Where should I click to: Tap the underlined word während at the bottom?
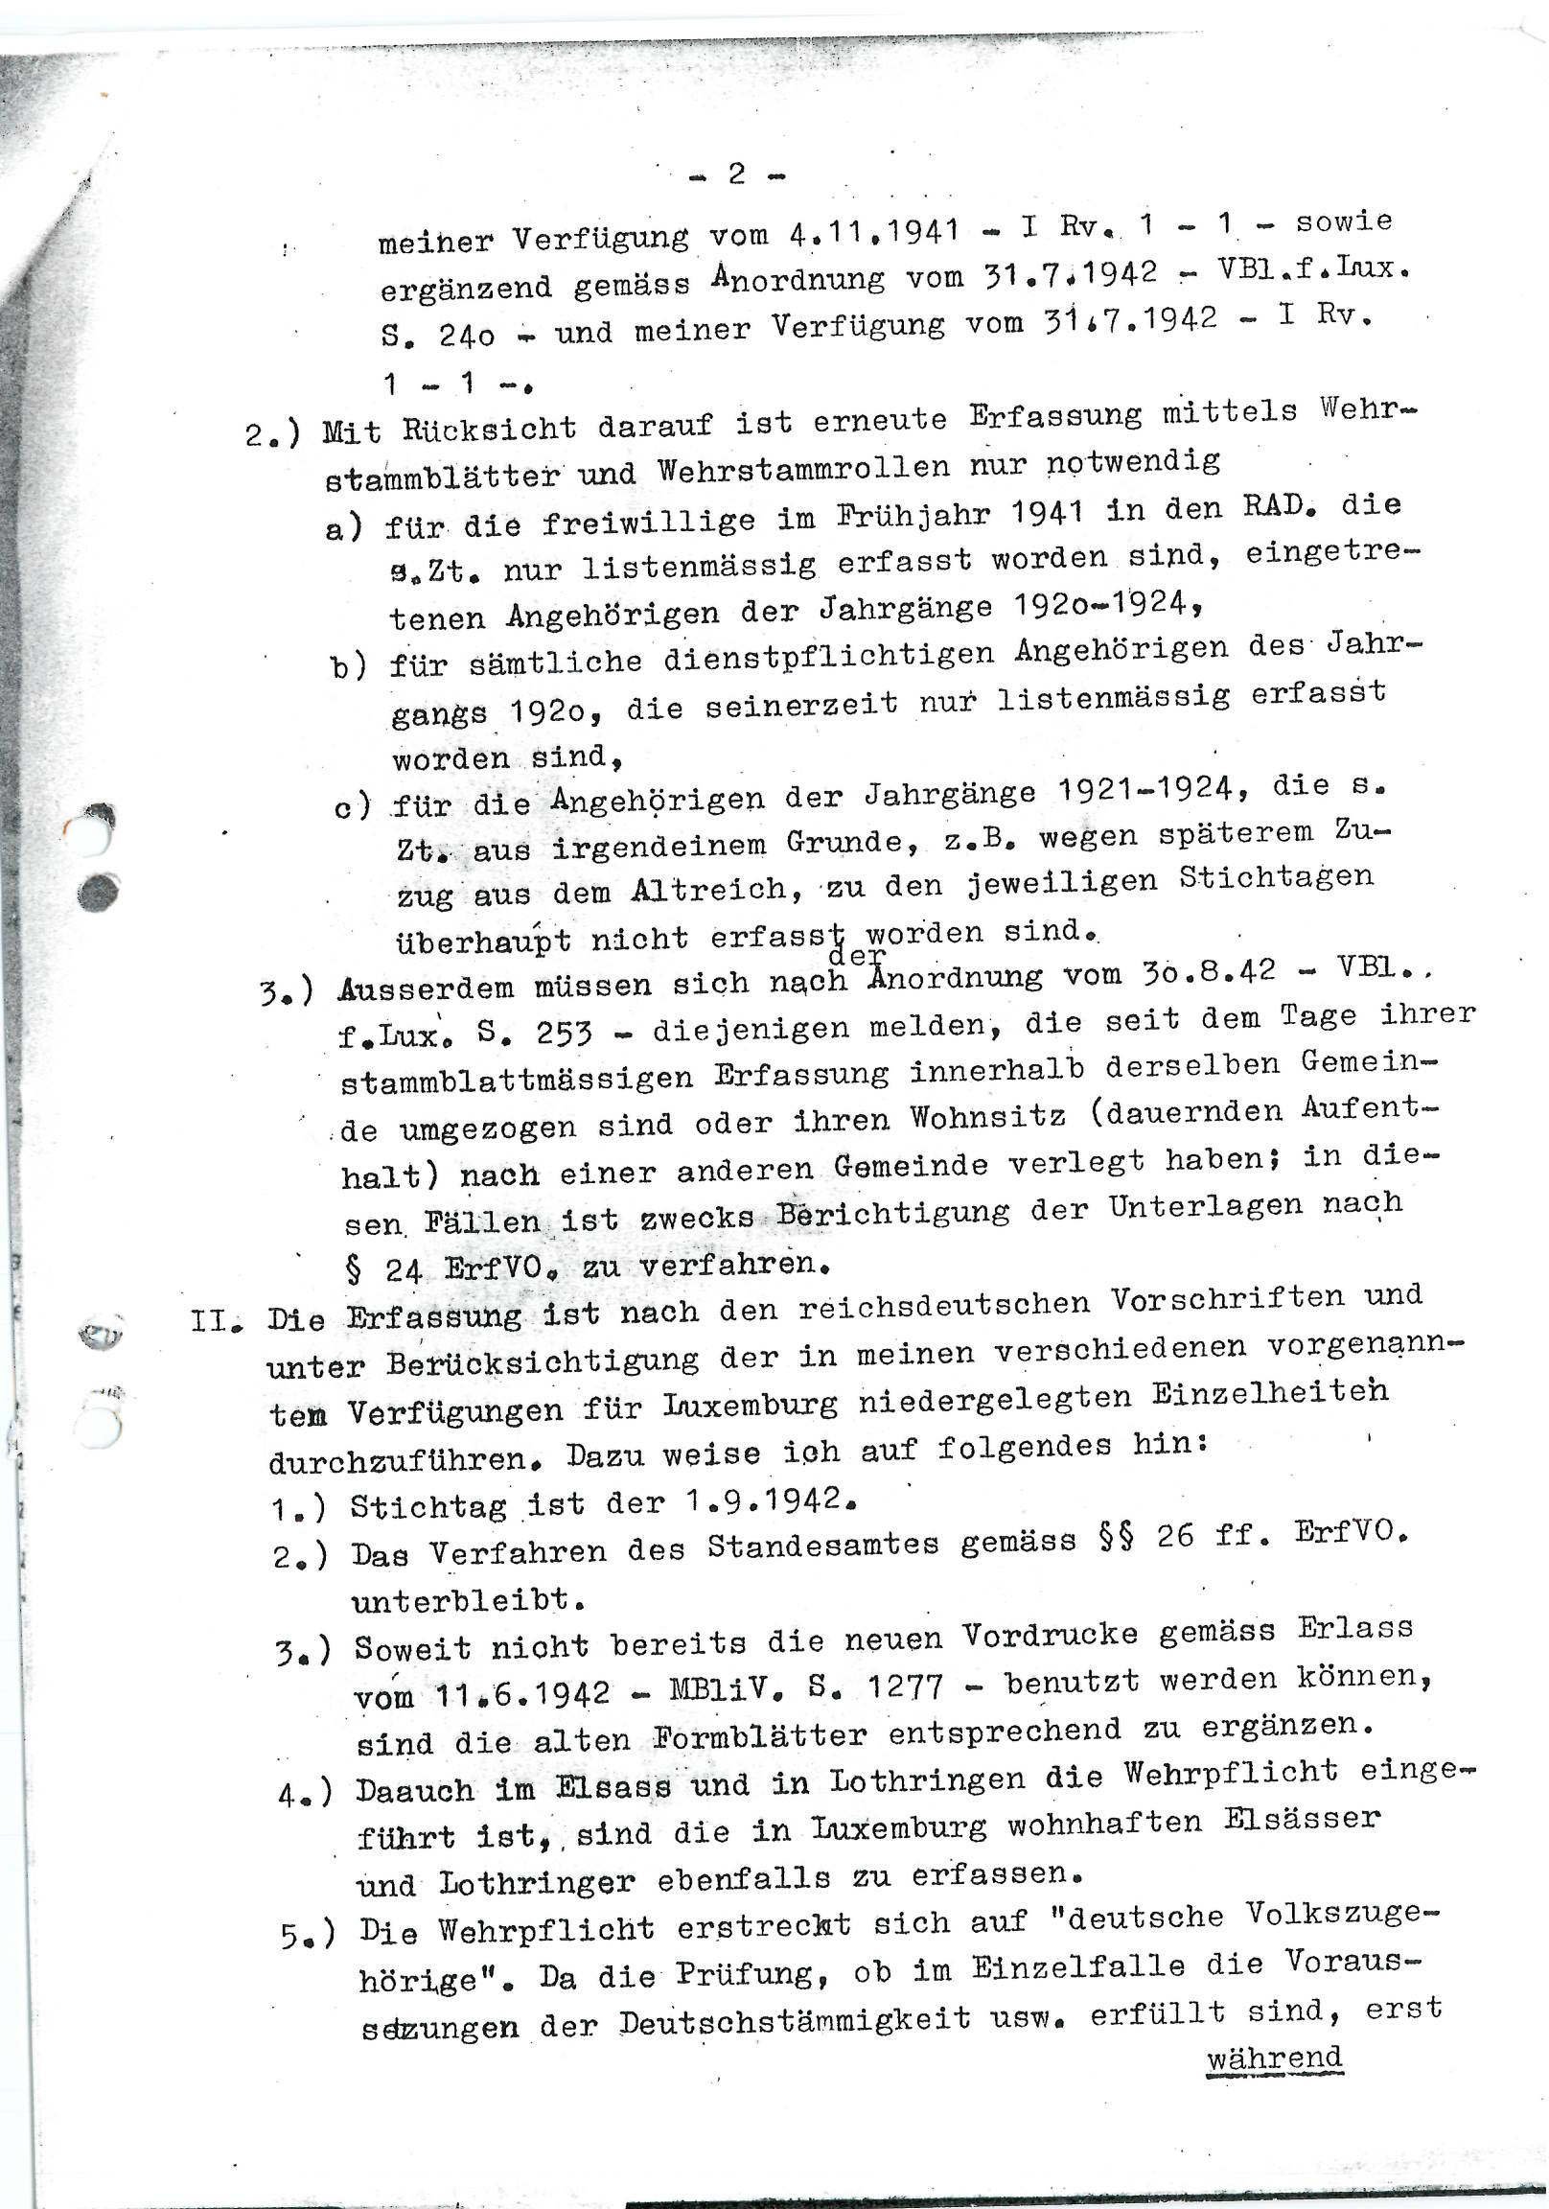click(x=1274, y=2058)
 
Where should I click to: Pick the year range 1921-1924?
click(x=1145, y=791)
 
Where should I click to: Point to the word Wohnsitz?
click(x=988, y=1117)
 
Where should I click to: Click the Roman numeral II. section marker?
click(x=215, y=1319)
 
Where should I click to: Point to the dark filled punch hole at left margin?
click(x=98, y=894)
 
